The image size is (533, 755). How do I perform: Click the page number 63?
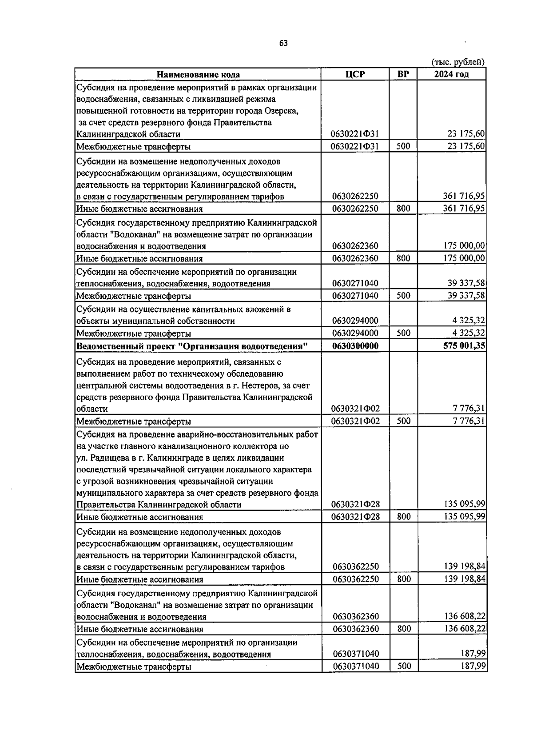click(x=283, y=43)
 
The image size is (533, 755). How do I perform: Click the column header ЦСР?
click(x=355, y=74)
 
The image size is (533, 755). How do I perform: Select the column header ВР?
click(x=403, y=74)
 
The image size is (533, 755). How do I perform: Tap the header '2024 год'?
click(x=451, y=74)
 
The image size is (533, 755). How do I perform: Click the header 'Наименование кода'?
click(x=198, y=75)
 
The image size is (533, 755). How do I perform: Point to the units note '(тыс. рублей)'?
click(x=458, y=62)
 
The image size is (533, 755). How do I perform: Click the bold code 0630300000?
click(x=355, y=346)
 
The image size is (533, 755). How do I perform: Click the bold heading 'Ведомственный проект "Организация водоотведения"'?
click(x=192, y=346)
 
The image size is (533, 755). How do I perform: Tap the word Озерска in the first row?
click(x=283, y=111)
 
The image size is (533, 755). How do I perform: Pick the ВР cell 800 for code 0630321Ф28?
click(x=403, y=517)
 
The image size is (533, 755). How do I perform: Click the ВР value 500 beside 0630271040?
click(x=403, y=296)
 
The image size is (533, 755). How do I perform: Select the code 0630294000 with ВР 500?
click(x=355, y=333)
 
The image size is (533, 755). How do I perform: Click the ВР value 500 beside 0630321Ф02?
click(x=403, y=421)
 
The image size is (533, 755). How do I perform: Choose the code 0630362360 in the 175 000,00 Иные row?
click(x=355, y=258)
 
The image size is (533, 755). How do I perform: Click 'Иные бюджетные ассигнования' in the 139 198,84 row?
click(x=140, y=579)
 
